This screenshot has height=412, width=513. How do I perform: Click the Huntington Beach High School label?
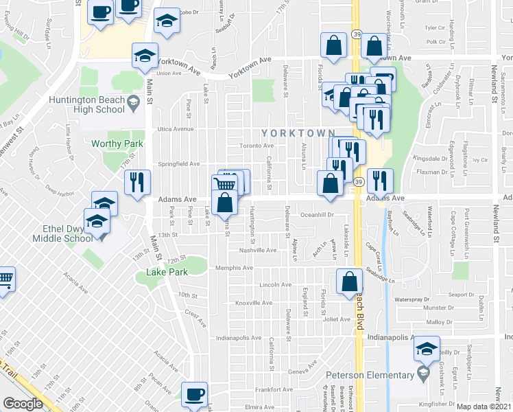(x=87, y=104)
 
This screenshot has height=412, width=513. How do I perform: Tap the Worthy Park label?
(x=117, y=144)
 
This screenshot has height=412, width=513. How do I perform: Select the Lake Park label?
(x=166, y=273)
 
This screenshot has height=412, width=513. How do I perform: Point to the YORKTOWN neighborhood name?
(x=297, y=133)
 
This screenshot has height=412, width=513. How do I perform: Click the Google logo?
(x=23, y=404)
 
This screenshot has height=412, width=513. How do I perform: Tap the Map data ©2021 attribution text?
(x=484, y=407)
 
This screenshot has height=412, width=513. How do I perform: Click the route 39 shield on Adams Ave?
(x=358, y=182)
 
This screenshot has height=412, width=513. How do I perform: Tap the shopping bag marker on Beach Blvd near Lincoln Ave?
(x=349, y=282)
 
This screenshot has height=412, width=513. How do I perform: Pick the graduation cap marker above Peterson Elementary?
(x=426, y=351)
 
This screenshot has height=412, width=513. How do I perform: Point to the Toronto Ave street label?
(x=256, y=146)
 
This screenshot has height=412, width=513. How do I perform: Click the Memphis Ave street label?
(x=234, y=268)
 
